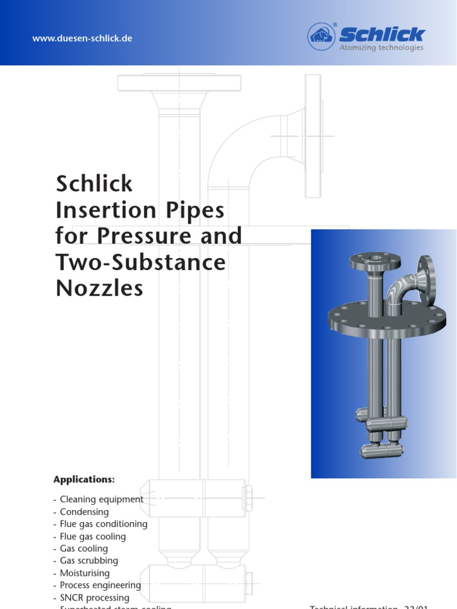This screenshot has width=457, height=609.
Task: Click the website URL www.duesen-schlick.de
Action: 82,39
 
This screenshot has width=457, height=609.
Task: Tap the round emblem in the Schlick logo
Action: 321,36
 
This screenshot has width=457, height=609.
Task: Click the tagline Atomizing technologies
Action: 381,48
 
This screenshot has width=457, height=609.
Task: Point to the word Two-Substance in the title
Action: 141,262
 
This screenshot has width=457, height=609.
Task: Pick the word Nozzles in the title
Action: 99,288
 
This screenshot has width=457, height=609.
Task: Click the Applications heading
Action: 84,479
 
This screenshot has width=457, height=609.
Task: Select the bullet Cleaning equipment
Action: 101,500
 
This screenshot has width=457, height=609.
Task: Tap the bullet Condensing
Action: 84,512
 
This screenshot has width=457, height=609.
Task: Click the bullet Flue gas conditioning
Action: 103,524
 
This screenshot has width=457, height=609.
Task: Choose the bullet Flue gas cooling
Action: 92,536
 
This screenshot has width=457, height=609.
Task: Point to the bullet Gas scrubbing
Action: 89,561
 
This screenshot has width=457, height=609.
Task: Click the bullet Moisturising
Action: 84,573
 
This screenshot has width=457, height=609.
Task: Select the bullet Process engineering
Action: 100,585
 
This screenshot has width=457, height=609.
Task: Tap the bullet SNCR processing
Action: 94,598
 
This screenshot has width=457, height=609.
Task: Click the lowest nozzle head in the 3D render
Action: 381,450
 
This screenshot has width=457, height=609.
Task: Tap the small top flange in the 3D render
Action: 374,260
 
